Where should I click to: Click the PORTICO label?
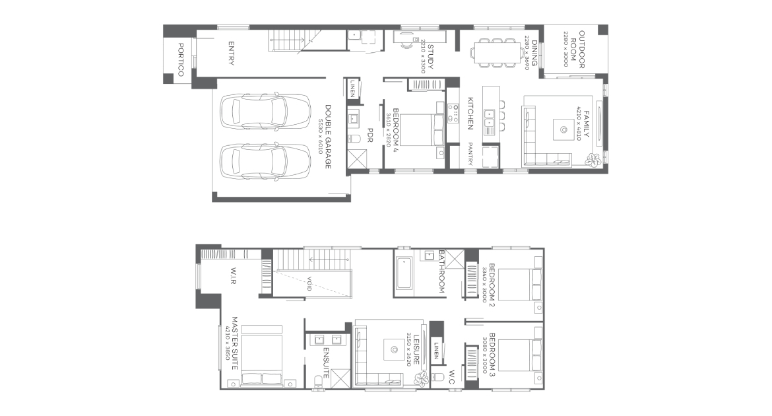[180, 59]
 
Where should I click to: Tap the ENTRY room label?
[231, 53]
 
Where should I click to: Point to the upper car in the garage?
[265, 111]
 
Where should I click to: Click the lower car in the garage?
[265, 162]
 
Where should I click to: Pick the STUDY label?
[430, 57]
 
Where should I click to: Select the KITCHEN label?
[470, 114]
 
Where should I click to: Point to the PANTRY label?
[470, 154]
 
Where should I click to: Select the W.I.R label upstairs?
[233, 275]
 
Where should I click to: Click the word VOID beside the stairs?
[309, 284]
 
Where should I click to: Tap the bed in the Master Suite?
[261, 355]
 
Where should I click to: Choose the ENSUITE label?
[326, 363]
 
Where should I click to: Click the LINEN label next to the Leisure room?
[436, 351]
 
